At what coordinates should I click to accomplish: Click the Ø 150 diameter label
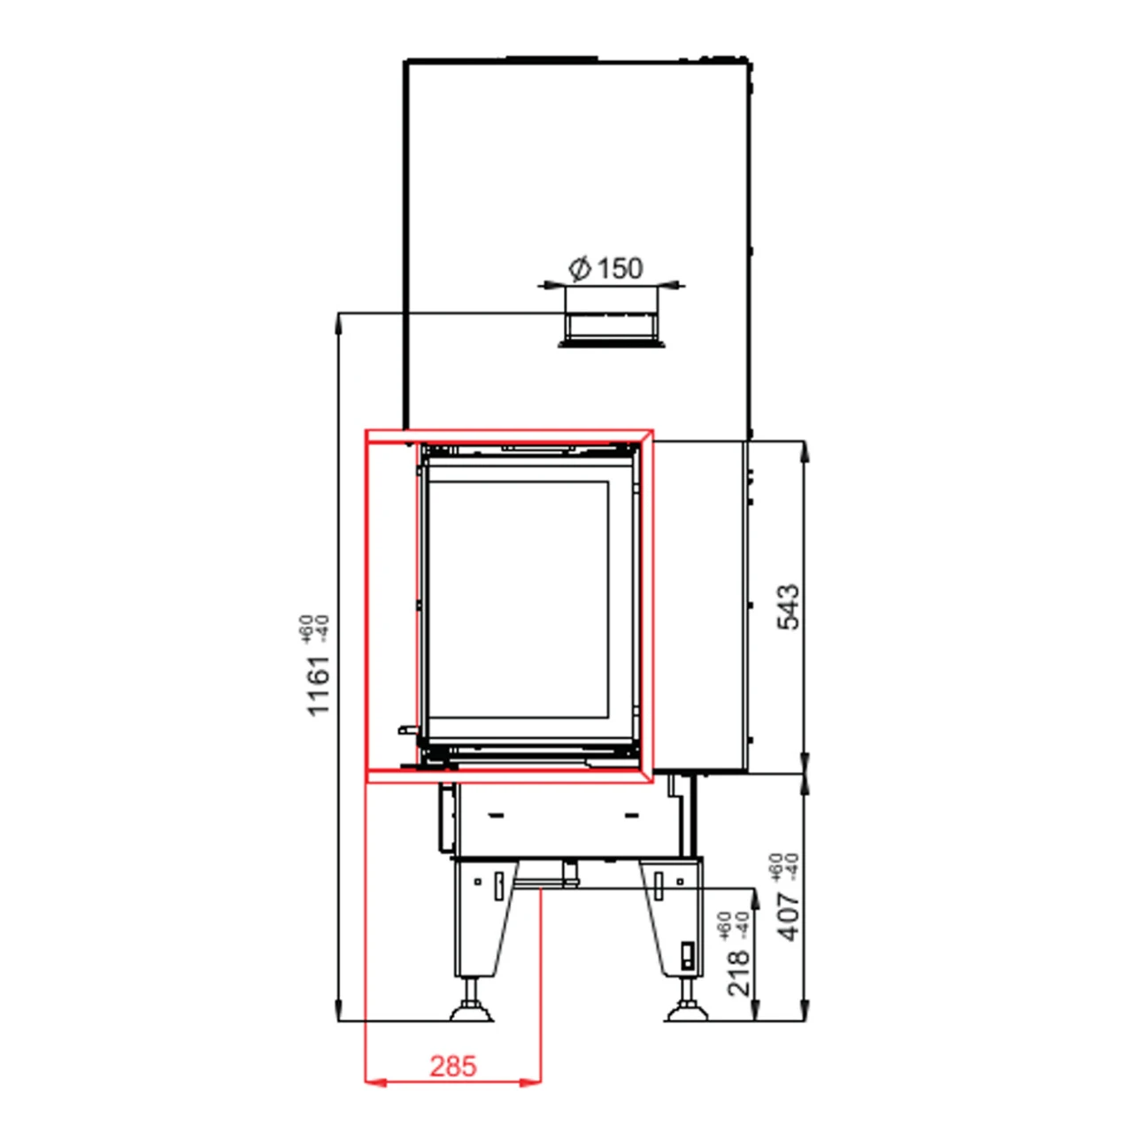point(607,267)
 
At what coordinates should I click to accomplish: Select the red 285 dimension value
point(453,1066)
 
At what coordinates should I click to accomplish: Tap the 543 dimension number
point(787,606)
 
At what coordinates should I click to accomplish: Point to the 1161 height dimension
point(318,685)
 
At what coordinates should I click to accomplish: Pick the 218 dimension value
point(739,972)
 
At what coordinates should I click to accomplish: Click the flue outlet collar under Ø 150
point(611,327)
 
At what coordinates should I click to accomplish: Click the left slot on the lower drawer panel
point(496,814)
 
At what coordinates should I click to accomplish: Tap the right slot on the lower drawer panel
point(632,814)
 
